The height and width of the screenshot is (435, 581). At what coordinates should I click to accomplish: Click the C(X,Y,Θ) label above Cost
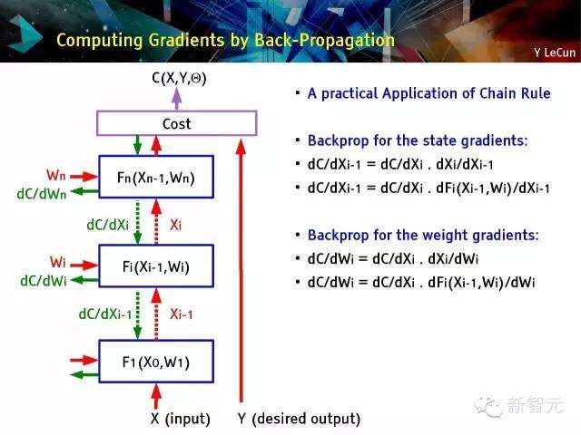pyautogui.click(x=179, y=78)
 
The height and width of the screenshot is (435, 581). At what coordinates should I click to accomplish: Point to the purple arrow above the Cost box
pyautogui.click(x=177, y=99)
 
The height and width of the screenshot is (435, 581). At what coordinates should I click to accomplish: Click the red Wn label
pyautogui.click(x=56, y=175)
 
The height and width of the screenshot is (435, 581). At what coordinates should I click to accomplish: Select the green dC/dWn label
pyautogui.click(x=42, y=194)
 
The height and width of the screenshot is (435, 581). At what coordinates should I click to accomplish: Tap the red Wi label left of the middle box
pyautogui.click(x=58, y=262)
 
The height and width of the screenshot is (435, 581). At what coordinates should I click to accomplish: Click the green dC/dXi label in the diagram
pyautogui.click(x=107, y=225)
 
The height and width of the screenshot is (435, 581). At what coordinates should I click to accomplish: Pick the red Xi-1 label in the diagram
pyautogui.click(x=182, y=314)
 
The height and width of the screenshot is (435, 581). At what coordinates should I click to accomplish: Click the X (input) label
pyautogui.click(x=181, y=419)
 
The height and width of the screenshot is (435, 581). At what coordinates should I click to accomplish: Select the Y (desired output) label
pyautogui.click(x=299, y=419)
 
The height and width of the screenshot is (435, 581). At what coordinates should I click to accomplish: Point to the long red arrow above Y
pyautogui.click(x=241, y=270)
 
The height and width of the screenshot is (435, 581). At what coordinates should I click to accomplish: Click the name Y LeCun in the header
pyautogui.click(x=555, y=53)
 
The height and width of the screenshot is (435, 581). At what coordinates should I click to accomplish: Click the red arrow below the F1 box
pyautogui.click(x=156, y=396)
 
